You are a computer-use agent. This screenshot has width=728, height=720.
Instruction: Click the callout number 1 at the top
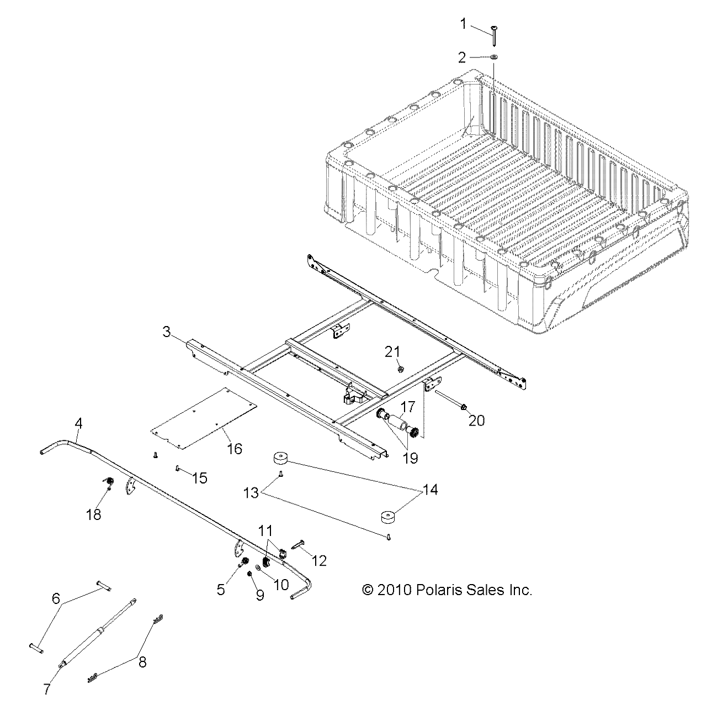[463, 24]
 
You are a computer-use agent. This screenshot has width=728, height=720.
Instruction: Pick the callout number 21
[392, 351]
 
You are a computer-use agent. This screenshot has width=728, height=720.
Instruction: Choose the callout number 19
[410, 458]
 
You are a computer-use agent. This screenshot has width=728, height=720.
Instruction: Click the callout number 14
[430, 490]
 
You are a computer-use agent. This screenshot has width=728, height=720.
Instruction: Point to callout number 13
[251, 492]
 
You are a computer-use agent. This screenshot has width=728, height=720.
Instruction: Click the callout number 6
[55, 598]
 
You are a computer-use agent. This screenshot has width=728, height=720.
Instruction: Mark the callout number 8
[142, 661]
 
